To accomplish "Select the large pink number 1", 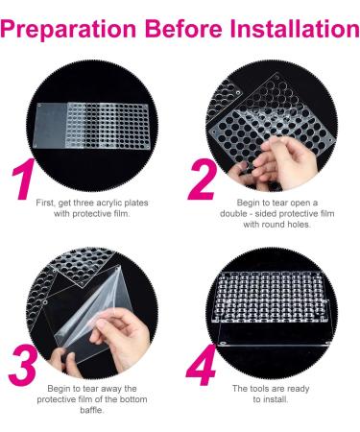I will point(27,185).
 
